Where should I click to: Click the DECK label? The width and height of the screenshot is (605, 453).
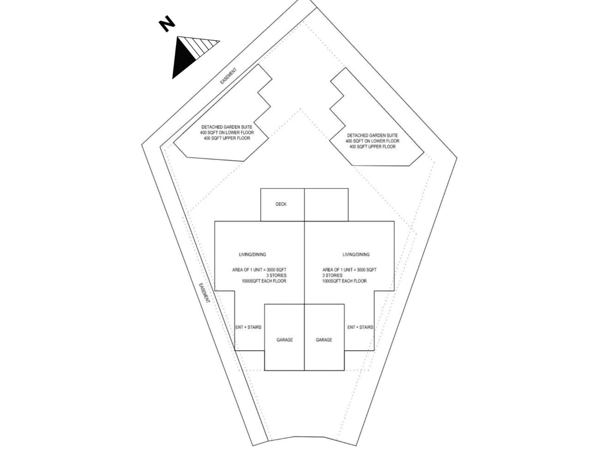click(281, 204)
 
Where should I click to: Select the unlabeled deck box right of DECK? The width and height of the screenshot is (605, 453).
click(326, 205)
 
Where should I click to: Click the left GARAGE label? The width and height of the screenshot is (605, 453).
click(285, 340)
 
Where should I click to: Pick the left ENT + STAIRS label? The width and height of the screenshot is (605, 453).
click(248, 327)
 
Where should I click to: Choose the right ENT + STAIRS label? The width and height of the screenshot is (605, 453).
click(360, 327)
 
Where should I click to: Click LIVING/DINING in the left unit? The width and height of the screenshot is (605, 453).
click(252, 254)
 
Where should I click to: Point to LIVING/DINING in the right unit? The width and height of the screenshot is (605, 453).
click(356, 254)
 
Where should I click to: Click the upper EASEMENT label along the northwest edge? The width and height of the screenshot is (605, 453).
click(229, 76)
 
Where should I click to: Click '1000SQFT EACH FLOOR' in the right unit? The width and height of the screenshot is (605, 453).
click(344, 281)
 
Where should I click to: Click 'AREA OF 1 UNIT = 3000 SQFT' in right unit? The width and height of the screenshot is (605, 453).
click(350, 270)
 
